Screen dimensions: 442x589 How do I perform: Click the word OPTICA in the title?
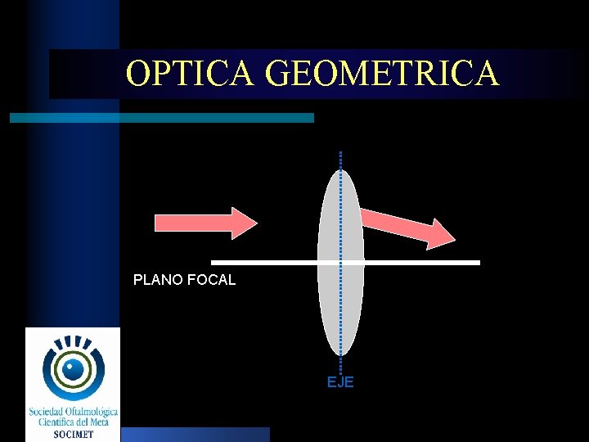(x=192, y=74)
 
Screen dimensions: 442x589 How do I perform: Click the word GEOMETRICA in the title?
(x=382, y=74)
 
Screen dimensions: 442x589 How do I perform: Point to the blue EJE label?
(x=340, y=382)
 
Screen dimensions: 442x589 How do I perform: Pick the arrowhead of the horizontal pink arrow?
(x=244, y=222)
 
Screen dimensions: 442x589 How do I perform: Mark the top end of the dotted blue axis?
(x=340, y=154)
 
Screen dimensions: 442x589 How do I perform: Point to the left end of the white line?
(x=214, y=263)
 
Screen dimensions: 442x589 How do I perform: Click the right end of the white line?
(x=478, y=263)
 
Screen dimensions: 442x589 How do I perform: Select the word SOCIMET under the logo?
(x=72, y=434)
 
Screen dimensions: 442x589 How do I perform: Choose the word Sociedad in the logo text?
(x=49, y=412)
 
